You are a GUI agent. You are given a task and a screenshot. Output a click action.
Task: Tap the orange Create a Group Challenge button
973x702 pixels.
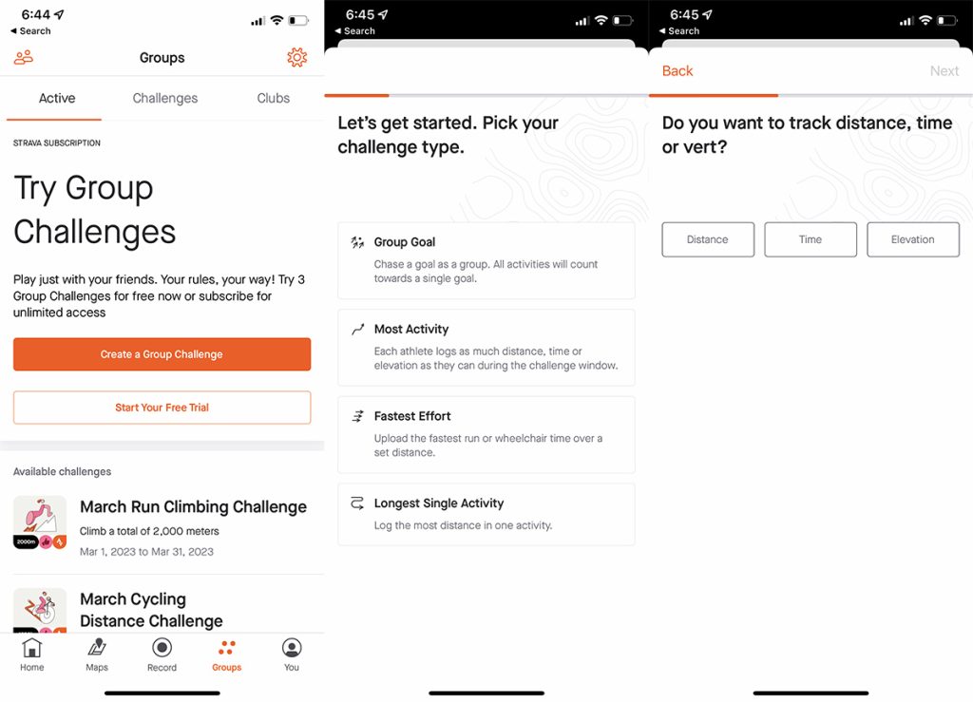click(162, 354)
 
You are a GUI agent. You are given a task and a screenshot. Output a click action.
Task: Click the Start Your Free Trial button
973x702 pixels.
click(162, 408)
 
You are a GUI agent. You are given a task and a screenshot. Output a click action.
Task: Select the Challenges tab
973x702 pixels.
click(165, 98)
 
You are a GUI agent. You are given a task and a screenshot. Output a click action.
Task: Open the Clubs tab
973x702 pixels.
click(273, 98)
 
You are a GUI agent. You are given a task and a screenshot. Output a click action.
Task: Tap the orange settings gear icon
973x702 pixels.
click(297, 57)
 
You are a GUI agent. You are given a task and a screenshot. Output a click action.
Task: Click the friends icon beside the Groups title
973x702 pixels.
click(24, 58)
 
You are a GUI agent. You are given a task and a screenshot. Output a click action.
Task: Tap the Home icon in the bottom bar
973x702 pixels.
click(31, 648)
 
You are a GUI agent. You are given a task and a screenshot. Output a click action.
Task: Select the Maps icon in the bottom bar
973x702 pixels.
click(97, 648)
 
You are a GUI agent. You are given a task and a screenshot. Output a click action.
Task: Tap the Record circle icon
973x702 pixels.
click(162, 648)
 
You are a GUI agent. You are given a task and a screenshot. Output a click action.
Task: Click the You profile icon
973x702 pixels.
click(292, 648)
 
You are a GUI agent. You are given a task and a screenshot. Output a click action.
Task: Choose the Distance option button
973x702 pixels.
click(708, 239)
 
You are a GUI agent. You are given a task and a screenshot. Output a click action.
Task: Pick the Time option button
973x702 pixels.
click(811, 239)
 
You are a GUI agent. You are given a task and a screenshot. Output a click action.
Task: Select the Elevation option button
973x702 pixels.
click(913, 239)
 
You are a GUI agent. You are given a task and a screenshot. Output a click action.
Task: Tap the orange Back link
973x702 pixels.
click(677, 70)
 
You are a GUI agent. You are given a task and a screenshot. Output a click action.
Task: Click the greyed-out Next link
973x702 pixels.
click(944, 70)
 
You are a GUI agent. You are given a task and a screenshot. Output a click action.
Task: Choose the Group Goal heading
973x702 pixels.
click(405, 242)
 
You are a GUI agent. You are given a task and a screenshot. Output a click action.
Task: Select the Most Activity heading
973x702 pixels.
click(411, 329)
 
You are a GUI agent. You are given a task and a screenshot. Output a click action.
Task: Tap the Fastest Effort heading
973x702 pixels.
click(412, 415)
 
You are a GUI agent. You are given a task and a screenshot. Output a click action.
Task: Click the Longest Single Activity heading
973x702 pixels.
click(439, 503)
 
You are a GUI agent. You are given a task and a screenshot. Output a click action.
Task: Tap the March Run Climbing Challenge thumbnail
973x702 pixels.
click(40, 522)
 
